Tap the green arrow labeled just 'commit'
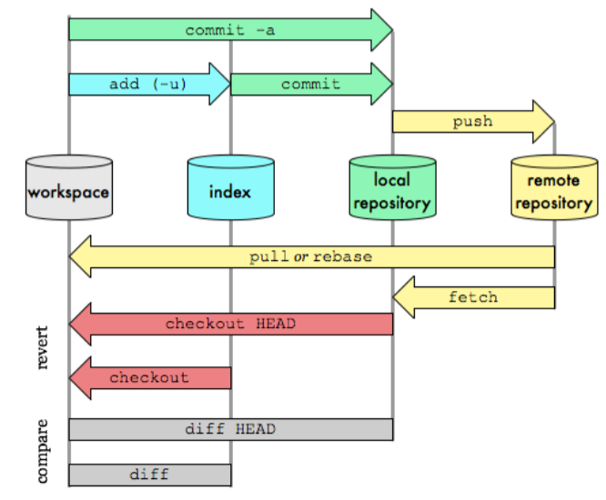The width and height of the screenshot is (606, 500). [310, 85]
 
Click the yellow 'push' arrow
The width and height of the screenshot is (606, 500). [472, 121]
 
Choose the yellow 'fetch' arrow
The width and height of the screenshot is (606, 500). [473, 297]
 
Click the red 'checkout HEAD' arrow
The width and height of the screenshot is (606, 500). [230, 325]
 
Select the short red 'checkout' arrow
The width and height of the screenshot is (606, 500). [149, 377]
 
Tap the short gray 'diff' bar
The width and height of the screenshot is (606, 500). [149, 475]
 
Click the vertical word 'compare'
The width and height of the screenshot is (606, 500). [44, 451]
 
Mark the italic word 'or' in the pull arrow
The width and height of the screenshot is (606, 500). [299, 256]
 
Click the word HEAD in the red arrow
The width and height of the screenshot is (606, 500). [276, 325]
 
